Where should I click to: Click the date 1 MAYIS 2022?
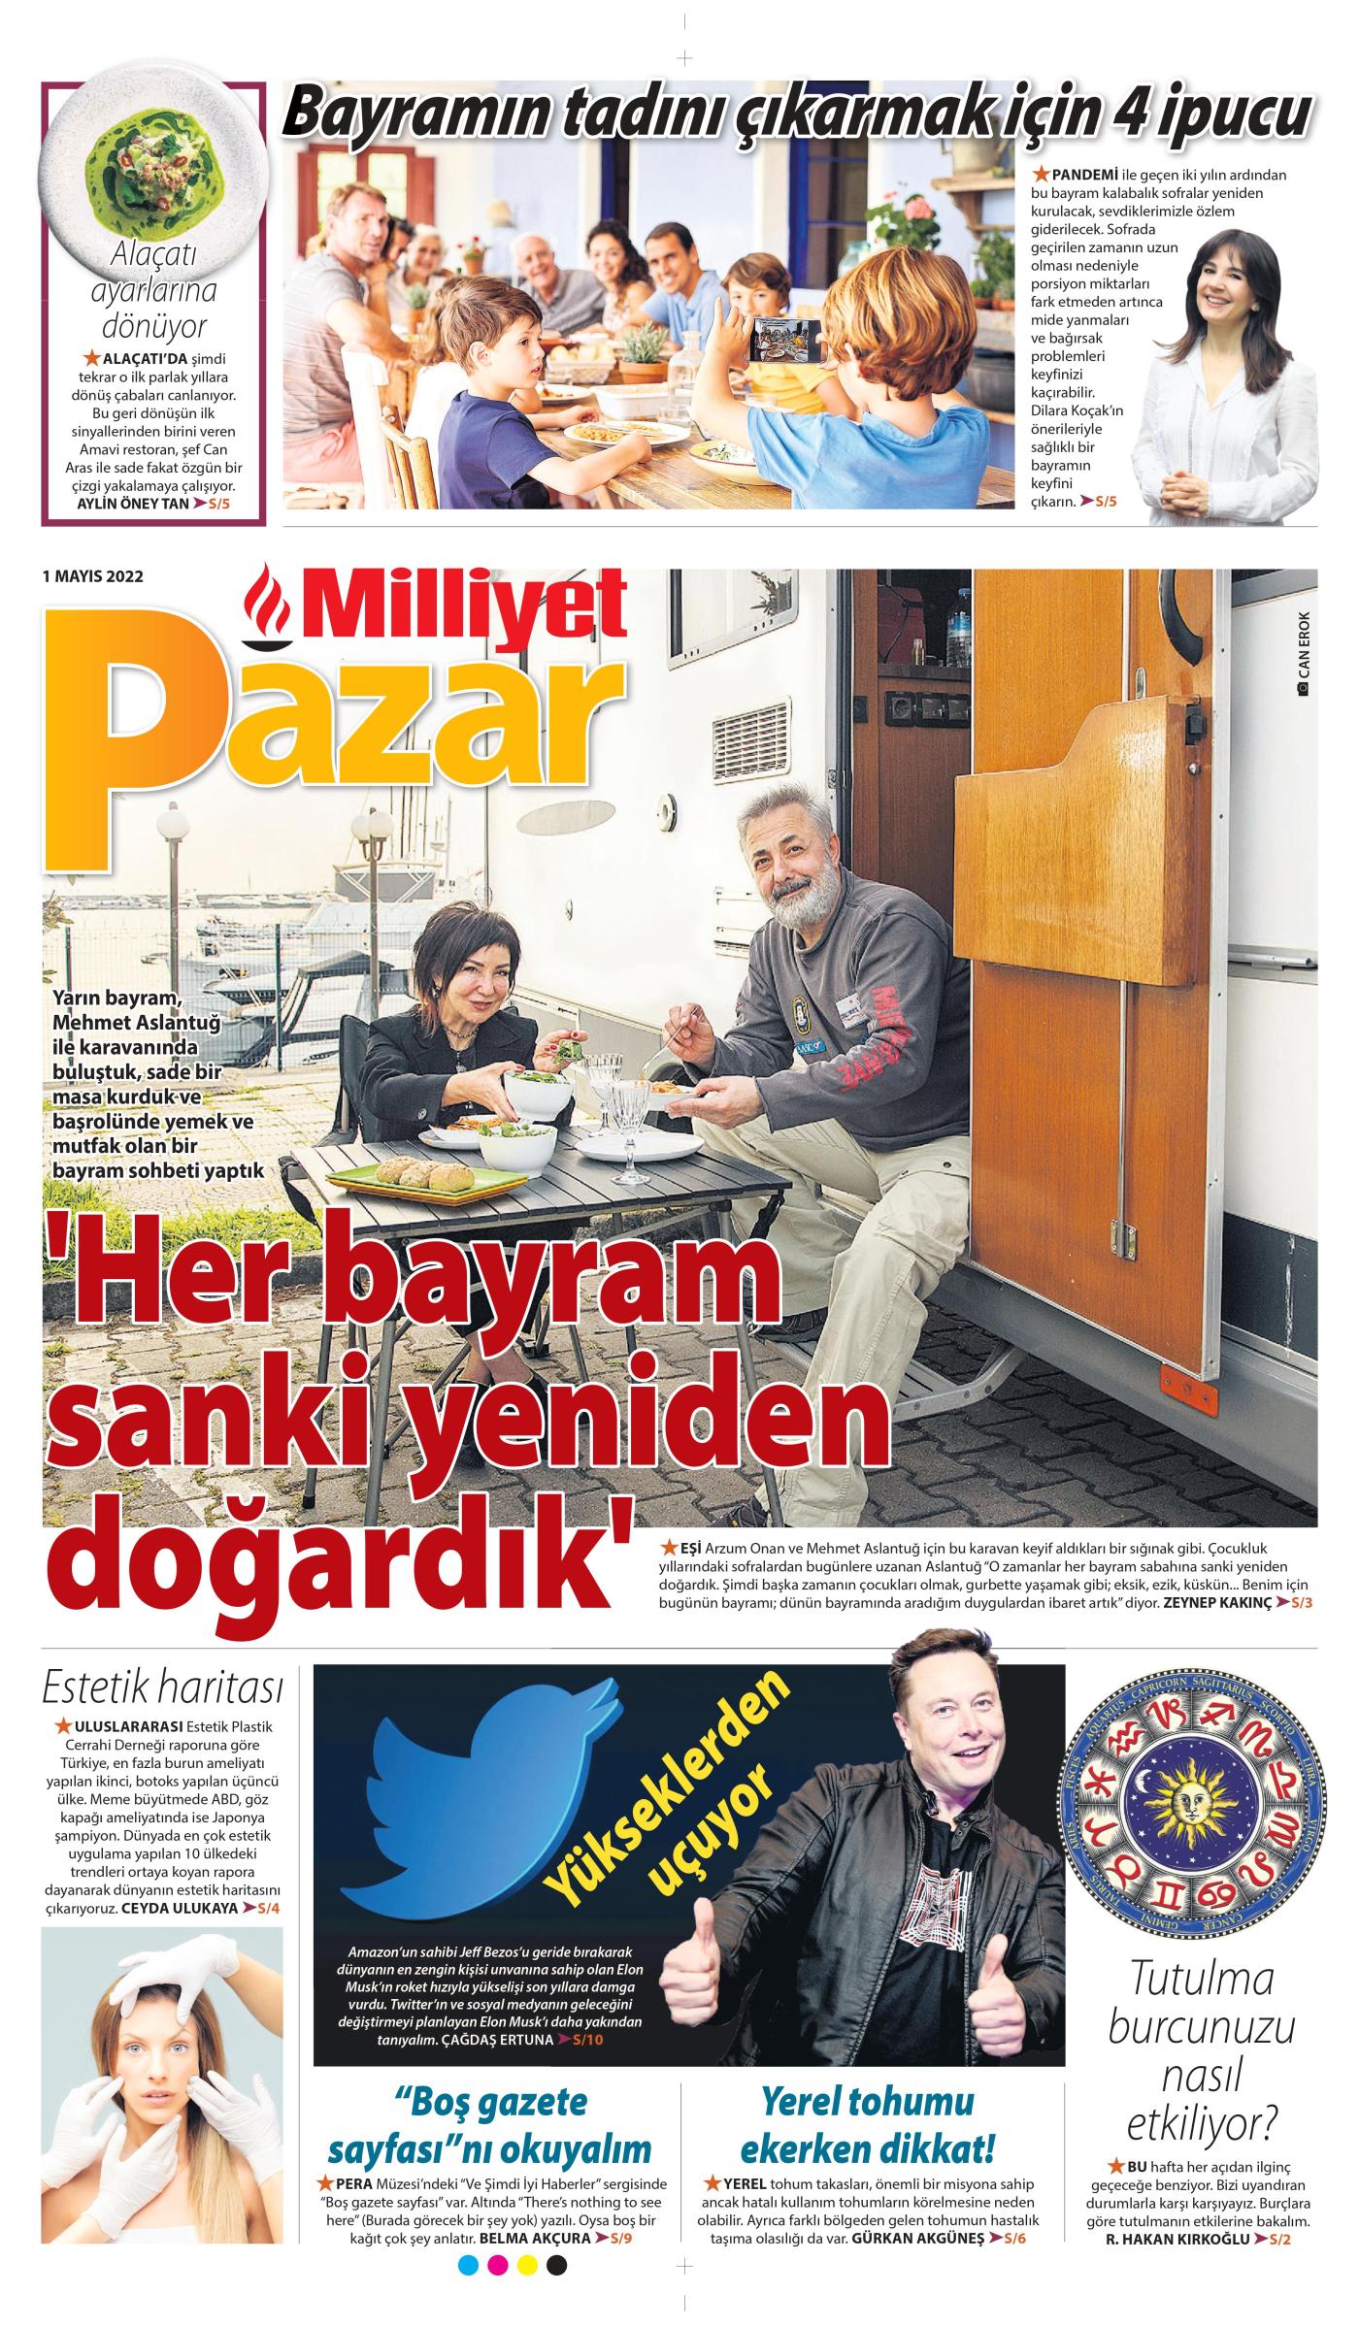coord(93,576)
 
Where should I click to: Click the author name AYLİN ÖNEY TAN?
coord(133,504)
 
